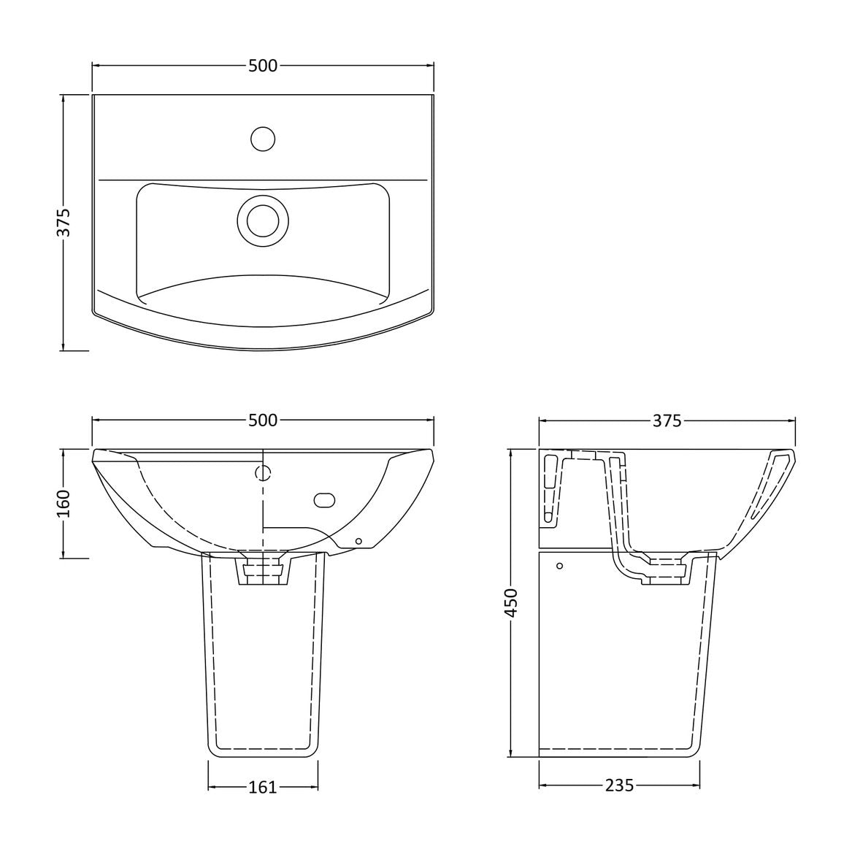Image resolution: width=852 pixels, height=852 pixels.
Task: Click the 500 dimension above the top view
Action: coord(263,66)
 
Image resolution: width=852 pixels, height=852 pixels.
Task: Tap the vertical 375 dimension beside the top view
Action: coord(64,223)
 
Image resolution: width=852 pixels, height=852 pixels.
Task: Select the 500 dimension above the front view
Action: coord(263,420)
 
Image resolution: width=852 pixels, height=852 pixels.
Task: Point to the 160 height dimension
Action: coord(64,503)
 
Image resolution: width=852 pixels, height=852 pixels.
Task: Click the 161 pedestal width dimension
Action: coord(263,787)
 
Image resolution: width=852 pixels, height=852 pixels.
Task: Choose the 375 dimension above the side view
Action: coord(667,421)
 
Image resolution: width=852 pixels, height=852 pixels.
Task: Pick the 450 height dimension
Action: coord(511,602)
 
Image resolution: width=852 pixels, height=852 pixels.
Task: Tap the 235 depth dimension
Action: coord(619,785)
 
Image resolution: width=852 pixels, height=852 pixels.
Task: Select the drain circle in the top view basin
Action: coord(263,220)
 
